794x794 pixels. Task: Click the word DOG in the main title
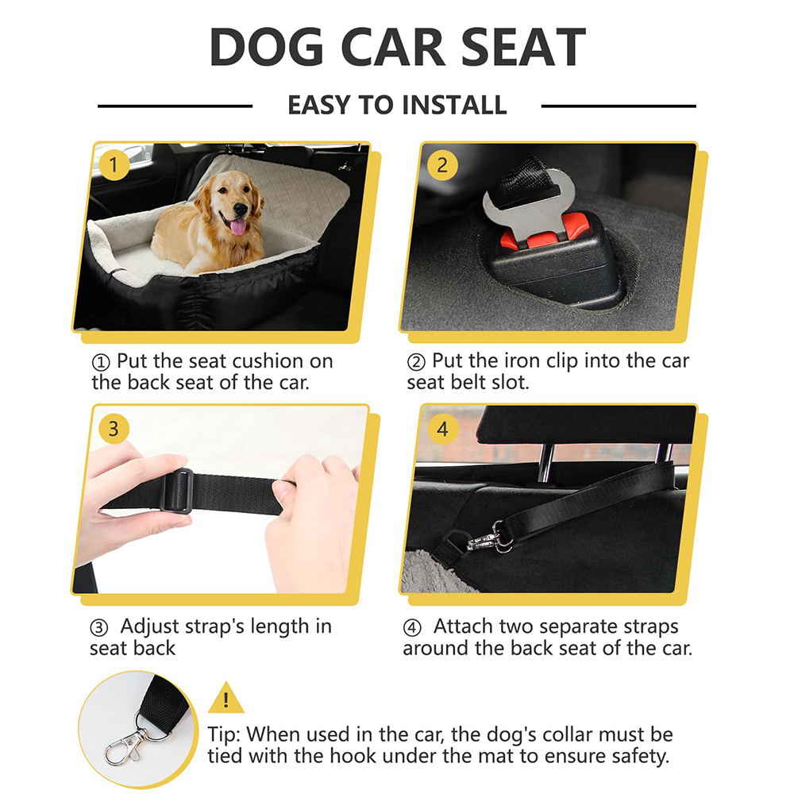pos(266,47)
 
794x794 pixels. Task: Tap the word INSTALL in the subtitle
pos(453,106)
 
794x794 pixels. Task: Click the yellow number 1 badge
pos(114,165)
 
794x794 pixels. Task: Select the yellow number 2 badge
pos(442,165)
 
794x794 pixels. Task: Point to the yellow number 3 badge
pos(114,429)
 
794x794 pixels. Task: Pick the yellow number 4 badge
pos(442,429)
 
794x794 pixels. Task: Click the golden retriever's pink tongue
pos(237,226)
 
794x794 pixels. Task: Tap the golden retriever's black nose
pos(240,207)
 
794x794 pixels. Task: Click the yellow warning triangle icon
pos(225,698)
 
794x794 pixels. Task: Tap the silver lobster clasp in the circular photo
pos(125,740)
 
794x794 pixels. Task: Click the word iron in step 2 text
pos(522,360)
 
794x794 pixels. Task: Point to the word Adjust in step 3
pos(149,627)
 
